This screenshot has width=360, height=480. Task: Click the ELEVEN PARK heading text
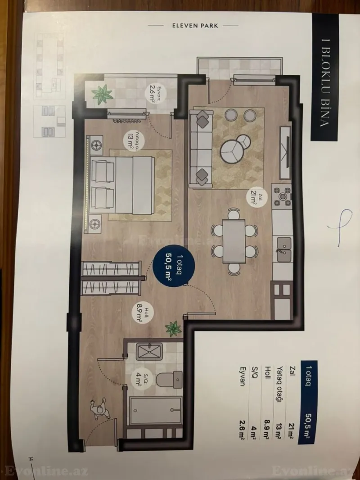[x=196, y=26]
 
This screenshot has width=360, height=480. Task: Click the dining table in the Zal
[x=234, y=240]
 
